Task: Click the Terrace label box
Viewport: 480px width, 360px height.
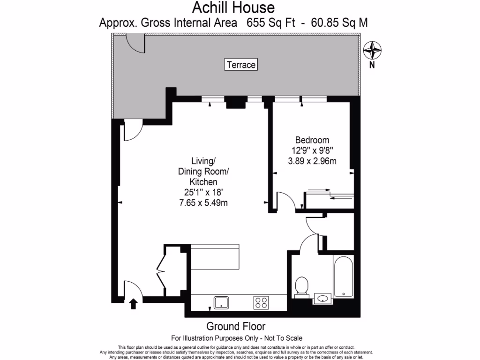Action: point(241,65)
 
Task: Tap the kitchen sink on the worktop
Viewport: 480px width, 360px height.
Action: point(221,302)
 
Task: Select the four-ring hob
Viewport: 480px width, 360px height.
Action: point(261,302)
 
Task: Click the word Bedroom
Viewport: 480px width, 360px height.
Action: point(312,140)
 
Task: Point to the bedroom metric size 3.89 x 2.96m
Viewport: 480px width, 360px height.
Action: point(312,161)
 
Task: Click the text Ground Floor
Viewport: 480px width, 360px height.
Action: point(236,326)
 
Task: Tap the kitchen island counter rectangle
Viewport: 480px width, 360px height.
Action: point(216,257)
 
